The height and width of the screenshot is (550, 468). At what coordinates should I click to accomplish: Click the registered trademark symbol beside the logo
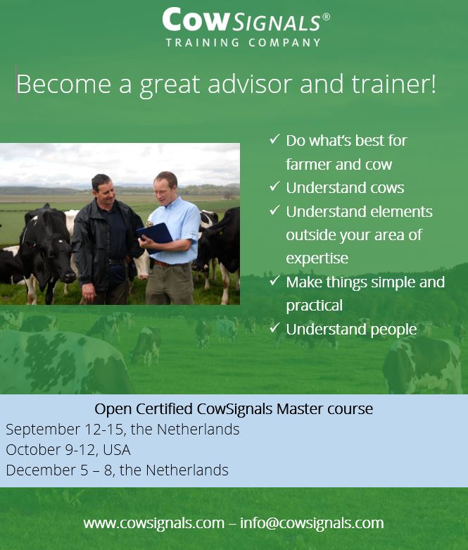tap(326, 16)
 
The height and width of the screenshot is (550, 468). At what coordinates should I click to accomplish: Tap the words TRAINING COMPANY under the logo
tap(243, 42)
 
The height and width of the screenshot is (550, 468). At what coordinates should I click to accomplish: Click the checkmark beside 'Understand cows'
tap(274, 187)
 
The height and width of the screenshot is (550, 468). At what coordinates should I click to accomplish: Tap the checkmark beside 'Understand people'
tap(274, 329)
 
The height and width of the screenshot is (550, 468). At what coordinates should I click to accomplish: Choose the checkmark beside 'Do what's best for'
tap(274, 140)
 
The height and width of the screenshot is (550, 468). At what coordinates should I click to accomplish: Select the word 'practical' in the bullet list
tap(314, 306)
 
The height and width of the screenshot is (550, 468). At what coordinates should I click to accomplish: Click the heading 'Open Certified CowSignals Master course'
tap(234, 408)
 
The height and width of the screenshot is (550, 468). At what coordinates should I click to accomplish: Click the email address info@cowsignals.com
tap(312, 523)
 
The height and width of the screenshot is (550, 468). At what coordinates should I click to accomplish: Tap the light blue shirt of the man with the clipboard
tap(179, 225)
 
